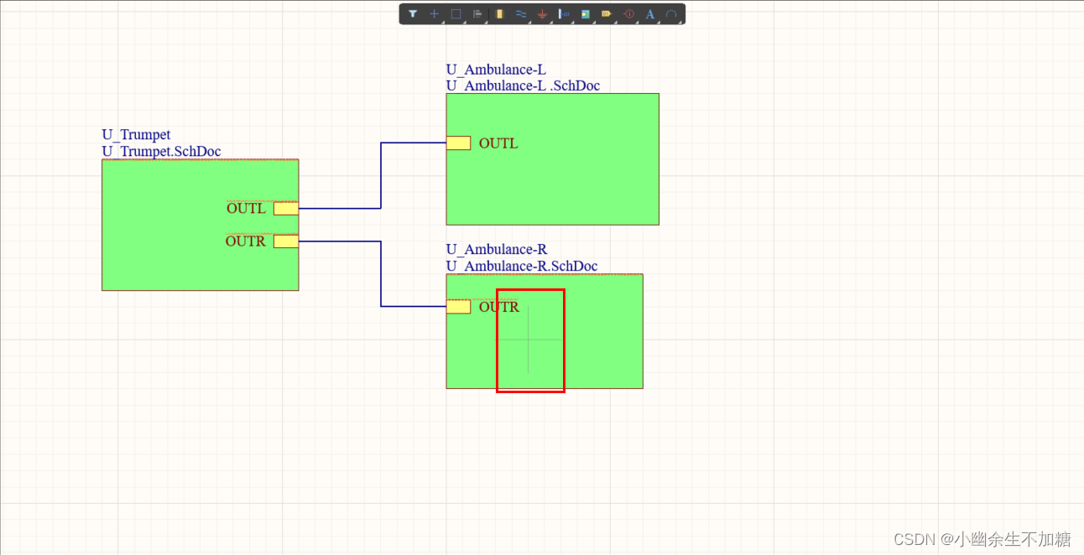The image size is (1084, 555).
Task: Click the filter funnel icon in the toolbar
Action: click(413, 14)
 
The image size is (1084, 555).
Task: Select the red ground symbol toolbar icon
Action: click(542, 14)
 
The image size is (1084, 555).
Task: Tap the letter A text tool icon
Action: click(649, 14)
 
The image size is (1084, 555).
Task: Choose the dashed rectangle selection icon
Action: click(456, 14)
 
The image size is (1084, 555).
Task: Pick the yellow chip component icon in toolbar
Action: click(499, 14)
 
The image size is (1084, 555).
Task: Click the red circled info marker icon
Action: click(628, 14)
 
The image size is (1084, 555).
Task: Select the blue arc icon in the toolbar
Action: click(671, 14)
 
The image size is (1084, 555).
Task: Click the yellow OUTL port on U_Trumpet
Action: click(285, 209)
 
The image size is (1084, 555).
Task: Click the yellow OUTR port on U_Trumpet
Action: click(285, 241)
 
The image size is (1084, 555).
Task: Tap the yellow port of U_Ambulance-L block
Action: click(458, 143)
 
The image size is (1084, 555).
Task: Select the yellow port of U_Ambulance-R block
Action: click(458, 307)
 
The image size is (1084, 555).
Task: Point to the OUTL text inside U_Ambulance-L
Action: click(498, 143)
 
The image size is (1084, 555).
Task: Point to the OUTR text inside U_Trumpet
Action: click(245, 241)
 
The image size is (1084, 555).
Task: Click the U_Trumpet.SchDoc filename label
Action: click(161, 151)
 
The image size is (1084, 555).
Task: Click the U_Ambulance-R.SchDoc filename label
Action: click(521, 266)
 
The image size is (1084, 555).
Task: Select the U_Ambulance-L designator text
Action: click(496, 70)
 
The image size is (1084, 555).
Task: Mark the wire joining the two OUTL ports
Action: click(381, 176)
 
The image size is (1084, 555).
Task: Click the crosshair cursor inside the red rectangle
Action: click(529, 340)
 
